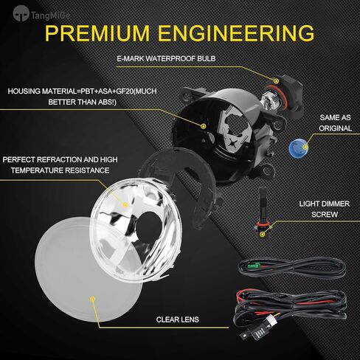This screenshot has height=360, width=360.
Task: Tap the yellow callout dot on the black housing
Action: pos(204,126)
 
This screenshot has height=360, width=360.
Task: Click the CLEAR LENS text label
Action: pos(180,321)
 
